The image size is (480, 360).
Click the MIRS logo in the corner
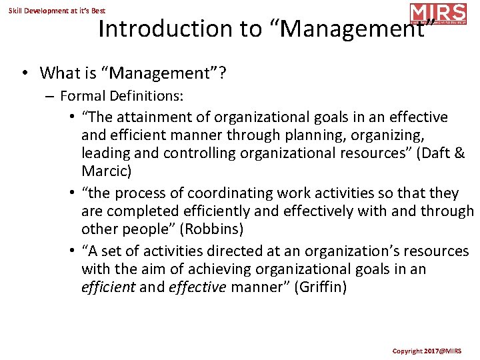click(x=438, y=14)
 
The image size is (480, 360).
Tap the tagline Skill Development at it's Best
click(x=57, y=11)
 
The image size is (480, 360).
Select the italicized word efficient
click(x=107, y=288)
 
